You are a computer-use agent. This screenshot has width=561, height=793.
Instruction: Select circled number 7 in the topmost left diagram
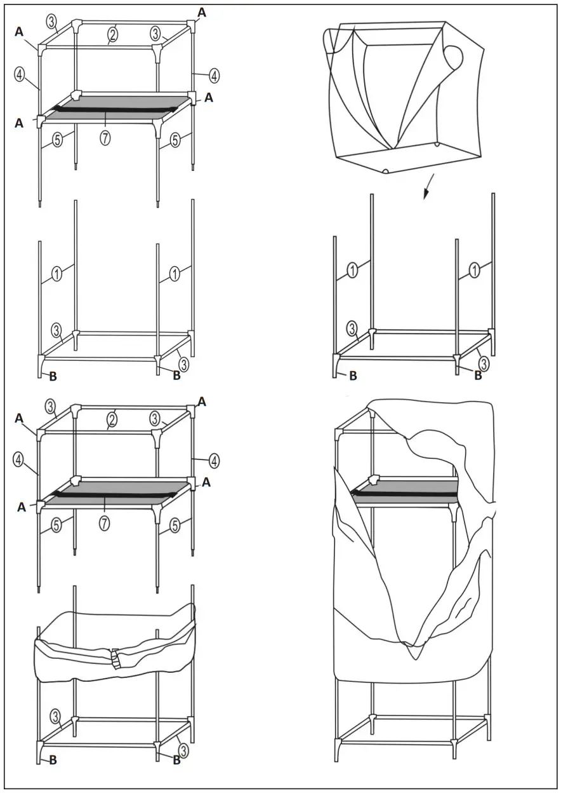click(105, 137)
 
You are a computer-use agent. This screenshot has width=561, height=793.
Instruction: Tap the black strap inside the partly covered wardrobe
click(406, 492)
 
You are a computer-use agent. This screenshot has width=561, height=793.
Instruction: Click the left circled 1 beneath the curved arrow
click(352, 269)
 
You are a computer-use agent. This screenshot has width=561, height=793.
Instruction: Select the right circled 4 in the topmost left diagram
click(214, 76)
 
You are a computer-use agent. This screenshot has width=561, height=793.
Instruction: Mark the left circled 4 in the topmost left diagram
click(20, 74)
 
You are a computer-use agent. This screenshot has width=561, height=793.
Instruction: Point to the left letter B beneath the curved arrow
click(353, 376)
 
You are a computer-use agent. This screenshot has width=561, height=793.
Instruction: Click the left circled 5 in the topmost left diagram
click(58, 140)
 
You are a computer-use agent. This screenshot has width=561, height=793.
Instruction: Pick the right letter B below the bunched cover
click(176, 761)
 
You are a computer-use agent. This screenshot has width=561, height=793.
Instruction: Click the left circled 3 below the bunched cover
click(56, 717)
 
